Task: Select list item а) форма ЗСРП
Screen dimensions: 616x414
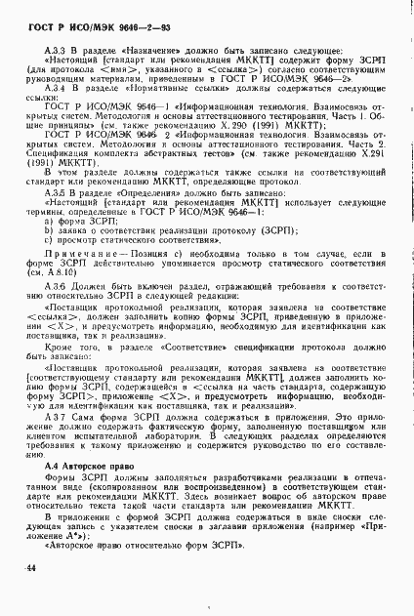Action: [x=80, y=250]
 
